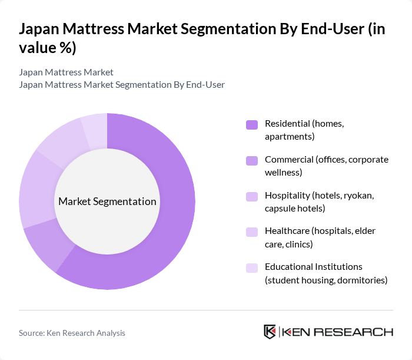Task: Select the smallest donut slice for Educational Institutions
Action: [x=95, y=131]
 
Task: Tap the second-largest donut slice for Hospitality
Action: [x=36, y=189]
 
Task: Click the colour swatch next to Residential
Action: [x=252, y=124]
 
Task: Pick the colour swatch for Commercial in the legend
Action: [x=252, y=160]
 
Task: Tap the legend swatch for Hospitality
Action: [x=252, y=196]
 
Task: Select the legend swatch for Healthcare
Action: [x=252, y=232]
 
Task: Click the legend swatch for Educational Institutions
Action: [x=252, y=268]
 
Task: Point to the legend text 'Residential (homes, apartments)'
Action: [x=304, y=130]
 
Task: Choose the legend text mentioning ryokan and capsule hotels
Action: [x=318, y=202]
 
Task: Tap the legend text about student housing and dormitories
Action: [x=325, y=273]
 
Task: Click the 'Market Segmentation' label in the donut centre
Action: [x=107, y=202]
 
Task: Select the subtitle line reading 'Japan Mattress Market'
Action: [x=66, y=72]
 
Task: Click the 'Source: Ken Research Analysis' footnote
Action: [x=72, y=333]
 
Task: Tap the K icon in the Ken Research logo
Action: [x=270, y=332]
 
